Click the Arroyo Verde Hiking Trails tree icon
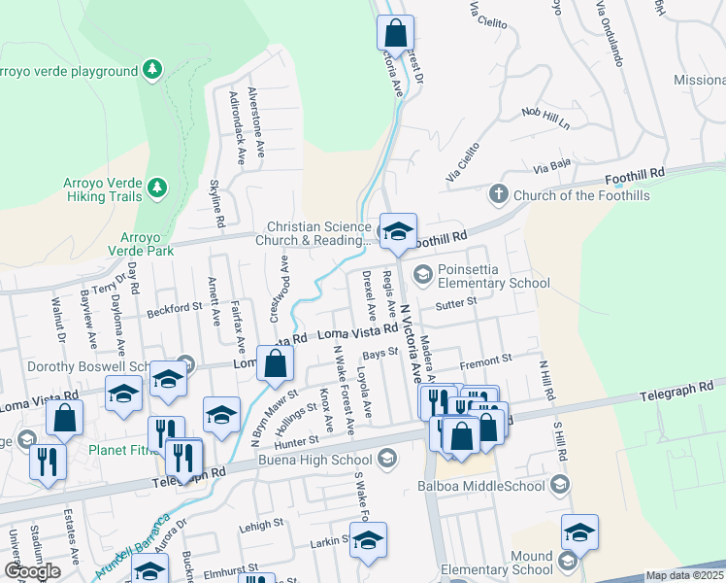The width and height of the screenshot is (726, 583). pyautogui.click(x=157, y=187)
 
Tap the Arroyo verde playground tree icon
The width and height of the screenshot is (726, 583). pyautogui.click(x=150, y=70)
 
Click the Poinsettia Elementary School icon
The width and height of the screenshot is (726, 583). pyautogui.click(x=422, y=275)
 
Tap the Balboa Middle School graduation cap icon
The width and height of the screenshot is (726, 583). pyautogui.click(x=559, y=484)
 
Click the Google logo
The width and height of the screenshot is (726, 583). pyautogui.click(x=32, y=571)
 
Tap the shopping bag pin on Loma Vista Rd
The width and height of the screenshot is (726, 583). pyautogui.click(x=276, y=364)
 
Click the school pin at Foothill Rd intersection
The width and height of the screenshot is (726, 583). pyautogui.click(x=397, y=231)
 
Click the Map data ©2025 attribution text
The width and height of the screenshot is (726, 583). pyautogui.click(x=685, y=575)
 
